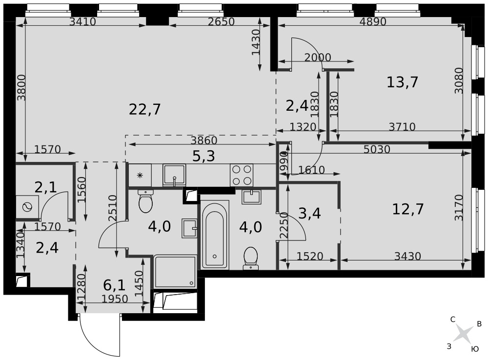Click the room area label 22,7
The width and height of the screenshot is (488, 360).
[x=145, y=110]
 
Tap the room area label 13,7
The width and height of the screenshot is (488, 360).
[x=402, y=82]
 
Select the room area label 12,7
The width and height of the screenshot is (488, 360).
[x=407, y=209]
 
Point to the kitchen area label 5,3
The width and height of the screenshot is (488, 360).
[x=203, y=156]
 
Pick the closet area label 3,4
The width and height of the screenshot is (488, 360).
[x=309, y=214]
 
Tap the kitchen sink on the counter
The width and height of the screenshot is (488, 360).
[x=174, y=175]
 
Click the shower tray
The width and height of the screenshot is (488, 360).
[x=175, y=272]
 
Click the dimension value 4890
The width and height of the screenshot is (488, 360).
[x=372, y=21]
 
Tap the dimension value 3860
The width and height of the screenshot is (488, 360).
[x=204, y=140]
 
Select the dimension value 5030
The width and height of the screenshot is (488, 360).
[x=377, y=150]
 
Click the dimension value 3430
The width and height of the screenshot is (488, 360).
[x=407, y=257]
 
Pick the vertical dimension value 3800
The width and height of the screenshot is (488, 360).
[x=21, y=87]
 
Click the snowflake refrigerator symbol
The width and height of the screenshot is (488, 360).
[x=140, y=175]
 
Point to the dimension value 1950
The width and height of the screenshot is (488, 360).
[x=115, y=299]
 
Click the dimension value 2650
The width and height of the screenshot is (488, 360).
[x=221, y=21]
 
